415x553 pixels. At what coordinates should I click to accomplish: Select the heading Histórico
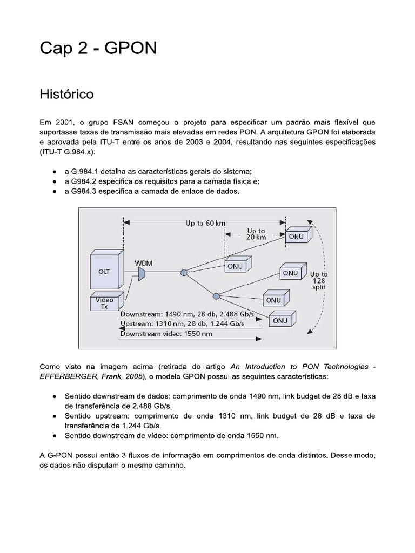(x=66, y=94)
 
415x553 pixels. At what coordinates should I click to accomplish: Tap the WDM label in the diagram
(x=143, y=263)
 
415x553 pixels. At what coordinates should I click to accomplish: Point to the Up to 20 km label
(x=256, y=234)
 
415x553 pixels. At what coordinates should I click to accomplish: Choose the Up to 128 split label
(x=319, y=281)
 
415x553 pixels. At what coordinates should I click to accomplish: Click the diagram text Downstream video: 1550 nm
(x=166, y=334)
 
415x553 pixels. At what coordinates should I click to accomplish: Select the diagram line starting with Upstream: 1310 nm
(x=182, y=323)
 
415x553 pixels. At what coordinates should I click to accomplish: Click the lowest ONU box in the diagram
(x=280, y=320)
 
